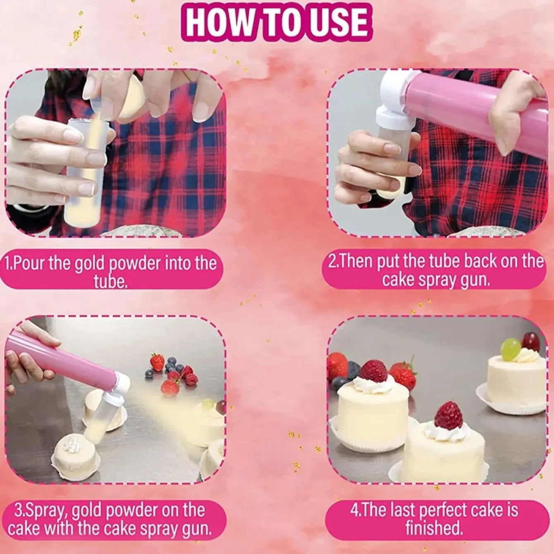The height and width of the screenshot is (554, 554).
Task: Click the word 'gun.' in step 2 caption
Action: pos(476,280)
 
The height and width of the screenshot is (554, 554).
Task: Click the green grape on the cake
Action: pos(510,349)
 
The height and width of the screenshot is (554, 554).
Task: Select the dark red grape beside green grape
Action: pos(530,341)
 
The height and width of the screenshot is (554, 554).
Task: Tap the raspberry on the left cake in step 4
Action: pos(373,371)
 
